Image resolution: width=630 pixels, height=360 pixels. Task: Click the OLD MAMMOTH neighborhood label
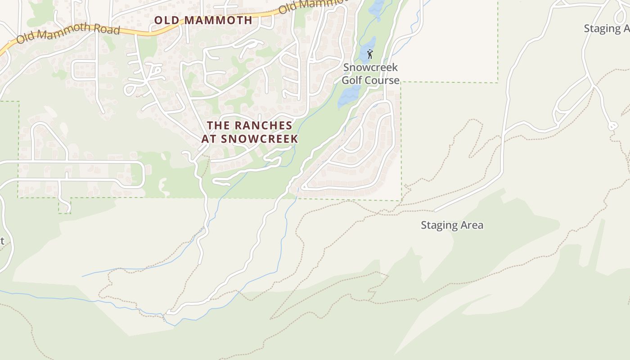[x=203, y=20]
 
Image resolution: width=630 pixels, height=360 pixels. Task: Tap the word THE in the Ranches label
[x=218, y=126]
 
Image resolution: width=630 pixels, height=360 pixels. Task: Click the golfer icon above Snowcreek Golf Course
[x=370, y=54]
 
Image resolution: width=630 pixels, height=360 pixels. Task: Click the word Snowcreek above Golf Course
[x=370, y=67]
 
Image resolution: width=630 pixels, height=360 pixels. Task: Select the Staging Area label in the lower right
[x=452, y=225]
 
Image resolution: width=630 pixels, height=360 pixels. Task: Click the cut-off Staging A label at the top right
[x=607, y=28]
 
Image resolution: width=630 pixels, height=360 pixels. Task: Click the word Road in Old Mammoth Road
[x=107, y=30]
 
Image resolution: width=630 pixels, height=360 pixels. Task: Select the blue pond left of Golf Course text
[x=349, y=94]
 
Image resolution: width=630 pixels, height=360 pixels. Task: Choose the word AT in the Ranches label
[x=209, y=139]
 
